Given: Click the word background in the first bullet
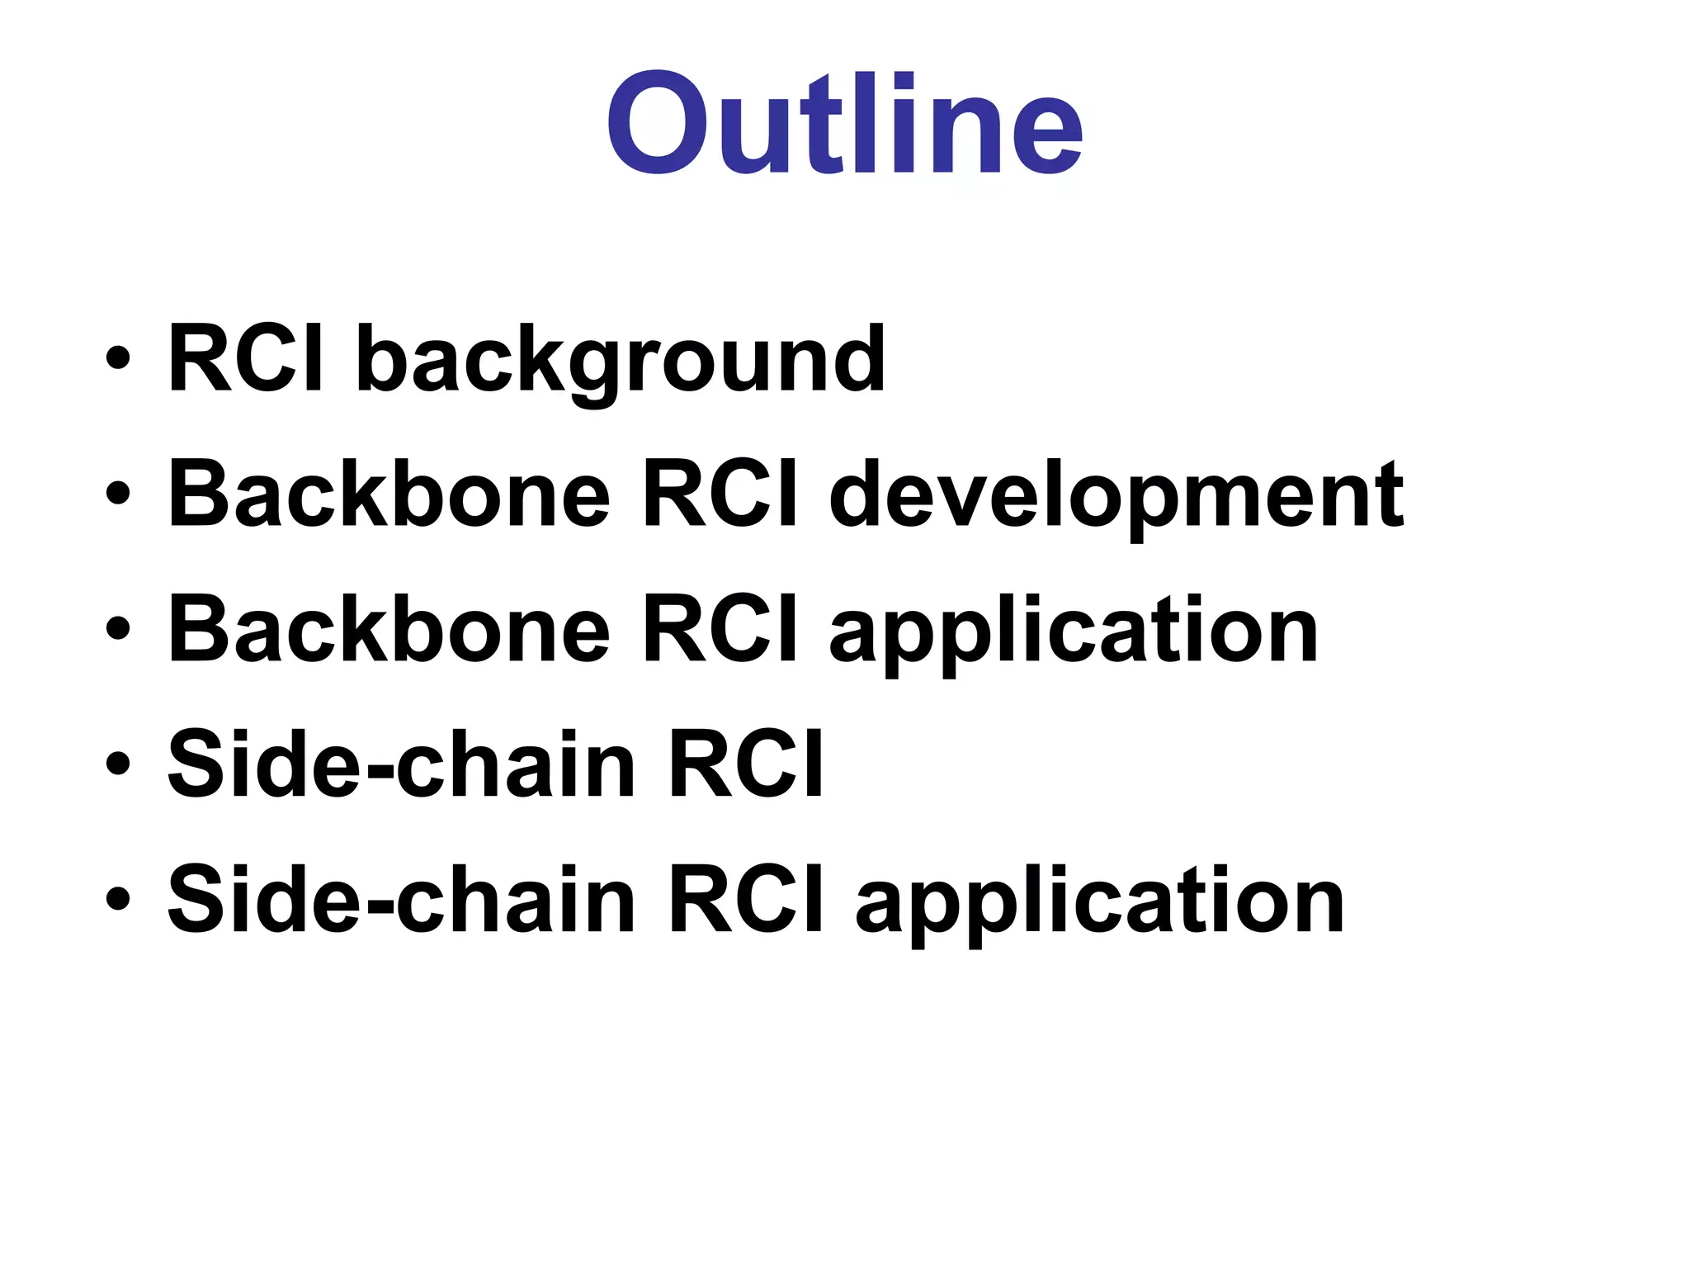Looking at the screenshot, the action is coord(621,359).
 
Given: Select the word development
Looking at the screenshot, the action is coord(1116,495).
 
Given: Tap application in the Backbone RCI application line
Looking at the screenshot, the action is coord(1074,632).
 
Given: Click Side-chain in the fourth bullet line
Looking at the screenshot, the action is coord(401,764).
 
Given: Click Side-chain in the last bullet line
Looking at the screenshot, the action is coord(401,900).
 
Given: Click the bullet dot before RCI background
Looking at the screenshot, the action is coord(117,360).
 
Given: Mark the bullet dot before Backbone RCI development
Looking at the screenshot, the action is coord(117,494).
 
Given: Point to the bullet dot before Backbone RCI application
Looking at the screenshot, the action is coord(117,630).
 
